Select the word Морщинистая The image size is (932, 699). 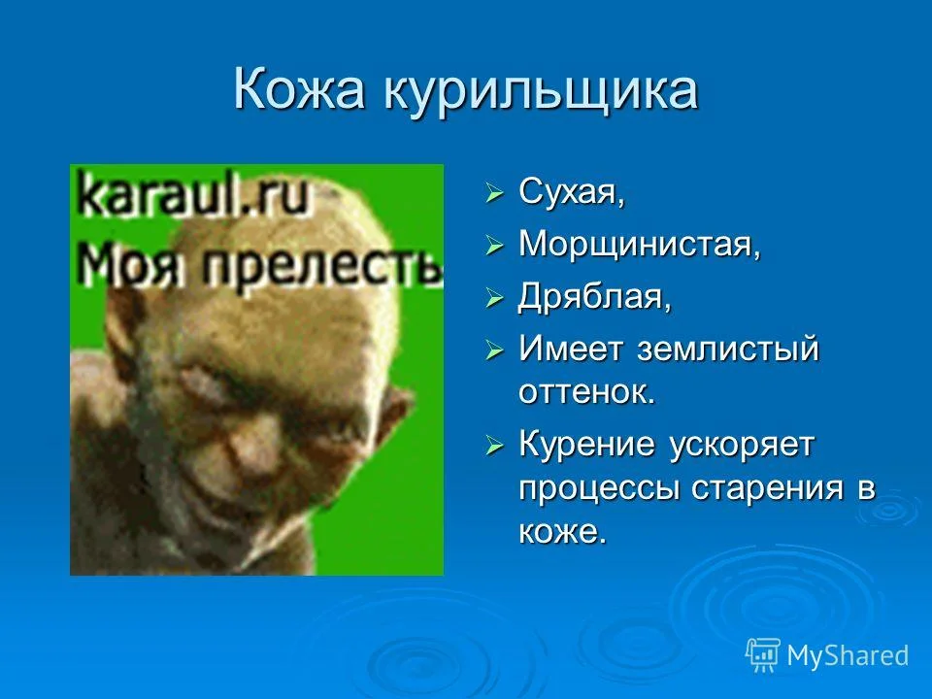coord(639,244)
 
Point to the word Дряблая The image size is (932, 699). coord(594,296)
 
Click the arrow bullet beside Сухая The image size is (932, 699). coord(495,193)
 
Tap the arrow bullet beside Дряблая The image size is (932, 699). coord(495,298)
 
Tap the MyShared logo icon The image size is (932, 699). coord(762,655)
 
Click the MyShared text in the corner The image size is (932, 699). coord(848,655)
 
